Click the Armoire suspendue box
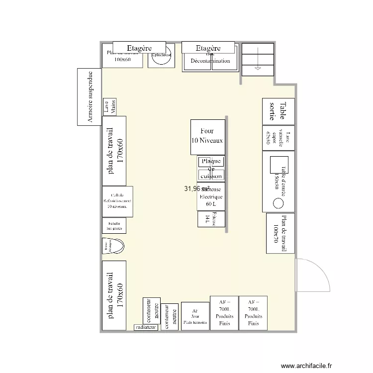(x=90, y=97)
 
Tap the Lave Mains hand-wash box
(x=109, y=107)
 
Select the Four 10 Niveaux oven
(x=207, y=137)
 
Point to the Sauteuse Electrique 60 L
(x=211, y=196)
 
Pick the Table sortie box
(x=278, y=111)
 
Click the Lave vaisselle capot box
(x=278, y=137)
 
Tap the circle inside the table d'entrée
(x=278, y=203)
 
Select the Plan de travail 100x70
(x=280, y=233)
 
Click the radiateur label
(x=146, y=328)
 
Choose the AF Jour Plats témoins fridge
(x=195, y=316)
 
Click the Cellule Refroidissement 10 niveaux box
(x=117, y=201)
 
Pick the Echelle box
(x=114, y=225)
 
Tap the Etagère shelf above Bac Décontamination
(x=208, y=48)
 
